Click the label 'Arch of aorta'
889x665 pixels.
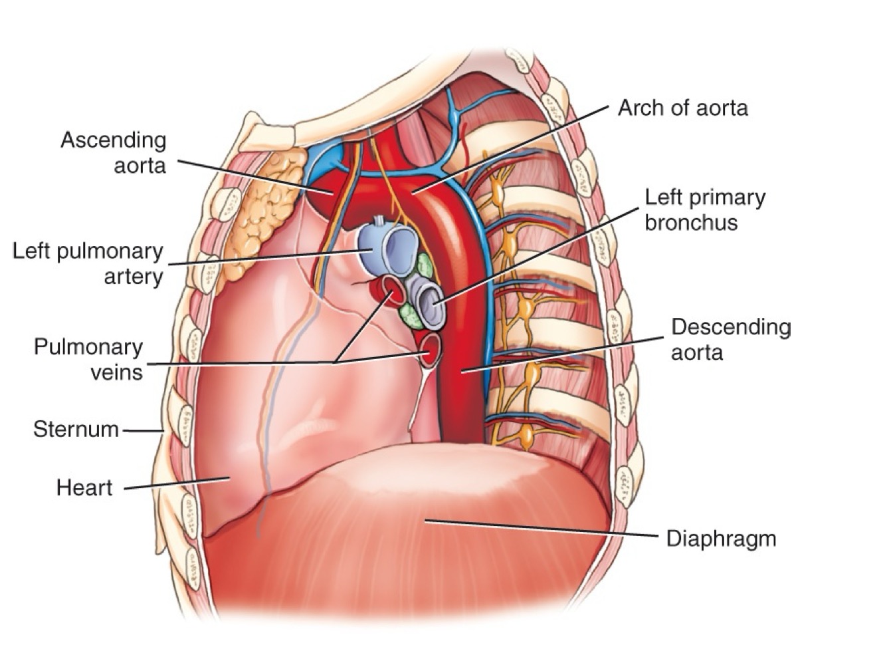point(682,108)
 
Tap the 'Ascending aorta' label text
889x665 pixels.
point(113,152)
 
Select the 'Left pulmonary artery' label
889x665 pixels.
point(88,263)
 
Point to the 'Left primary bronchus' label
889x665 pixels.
point(704,209)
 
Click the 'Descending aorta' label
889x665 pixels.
point(730,339)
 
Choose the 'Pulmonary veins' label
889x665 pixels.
point(88,359)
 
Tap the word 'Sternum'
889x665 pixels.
point(76,430)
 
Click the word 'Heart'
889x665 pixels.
point(84,488)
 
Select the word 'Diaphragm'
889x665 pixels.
point(721,538)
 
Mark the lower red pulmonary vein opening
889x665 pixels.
point(431,350)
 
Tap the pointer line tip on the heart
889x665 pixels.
point(229,477)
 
